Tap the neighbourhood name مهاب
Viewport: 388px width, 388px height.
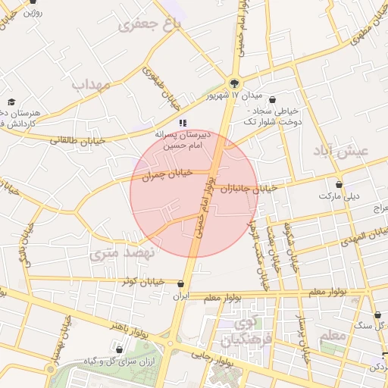[91, 84]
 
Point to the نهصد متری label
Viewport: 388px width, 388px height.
[120, 253]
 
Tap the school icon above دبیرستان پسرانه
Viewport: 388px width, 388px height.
[182, 122]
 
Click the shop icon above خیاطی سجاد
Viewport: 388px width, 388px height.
[272, 99]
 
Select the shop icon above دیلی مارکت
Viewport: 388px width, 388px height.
[339, 184]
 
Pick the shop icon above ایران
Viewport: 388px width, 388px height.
[180, 285]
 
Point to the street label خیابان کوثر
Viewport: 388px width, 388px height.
[144, 281]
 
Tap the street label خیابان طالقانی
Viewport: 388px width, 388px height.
[75, 139]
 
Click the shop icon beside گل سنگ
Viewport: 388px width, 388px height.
[378, 314]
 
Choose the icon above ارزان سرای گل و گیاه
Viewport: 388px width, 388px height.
[120, 349]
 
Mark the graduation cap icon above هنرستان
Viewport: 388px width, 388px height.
[11, 102]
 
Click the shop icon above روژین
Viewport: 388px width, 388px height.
[33, 2]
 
